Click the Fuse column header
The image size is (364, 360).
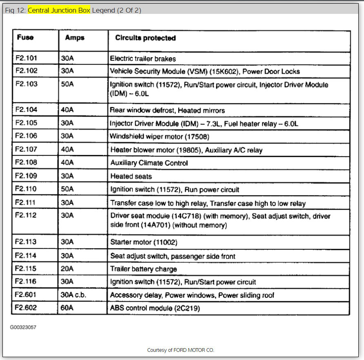coord(25,38)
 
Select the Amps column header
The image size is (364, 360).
coord(75,38)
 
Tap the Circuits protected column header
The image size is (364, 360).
coord(145,38)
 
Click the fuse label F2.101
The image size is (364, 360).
coord(27,58)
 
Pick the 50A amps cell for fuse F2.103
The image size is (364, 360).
coord(67,84)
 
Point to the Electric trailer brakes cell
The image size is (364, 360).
coord(143,59)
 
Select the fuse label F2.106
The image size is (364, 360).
coord(27,136)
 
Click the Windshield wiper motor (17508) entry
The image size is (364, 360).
coord(160,136)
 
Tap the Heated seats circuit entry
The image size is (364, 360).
coord(131,176)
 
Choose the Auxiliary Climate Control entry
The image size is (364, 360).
coord(149,163)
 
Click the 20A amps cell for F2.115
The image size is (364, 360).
coord(67,269)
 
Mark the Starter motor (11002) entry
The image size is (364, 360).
coord(144,242)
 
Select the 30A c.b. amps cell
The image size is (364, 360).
coord(73,295)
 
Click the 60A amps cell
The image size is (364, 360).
coord(67,308)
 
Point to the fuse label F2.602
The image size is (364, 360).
coord(27,308)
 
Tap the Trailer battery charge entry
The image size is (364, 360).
coord(144,269)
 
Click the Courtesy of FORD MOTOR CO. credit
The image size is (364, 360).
coord(180,350)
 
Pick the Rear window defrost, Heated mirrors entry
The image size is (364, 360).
coord(167,110)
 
